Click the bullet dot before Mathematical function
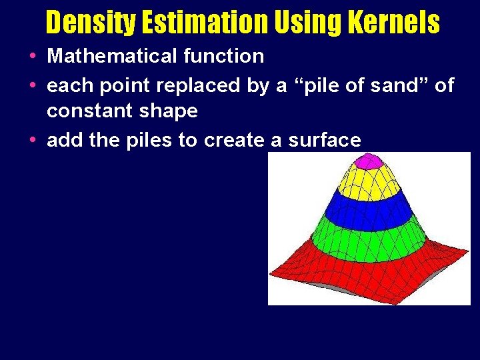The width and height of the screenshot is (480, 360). click(33, 57)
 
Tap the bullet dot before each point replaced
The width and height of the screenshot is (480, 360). click(33, 86)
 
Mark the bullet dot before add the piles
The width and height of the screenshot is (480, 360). click(33, 141)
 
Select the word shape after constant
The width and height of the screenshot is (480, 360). click(169, 111)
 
